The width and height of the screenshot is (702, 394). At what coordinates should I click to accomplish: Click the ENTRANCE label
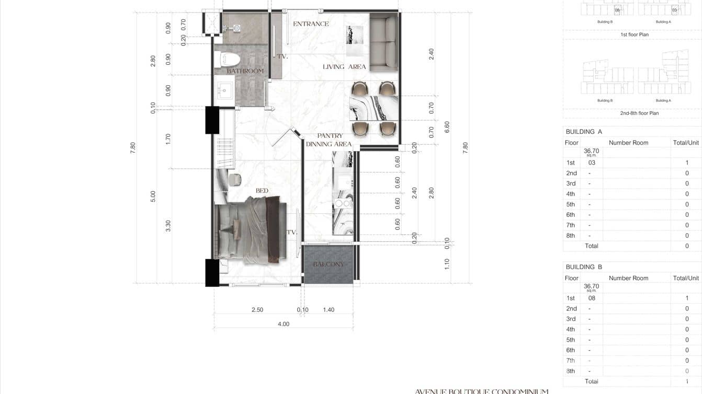[x=311, y=24]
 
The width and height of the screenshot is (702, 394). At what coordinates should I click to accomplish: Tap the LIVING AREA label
[x=344, y=67]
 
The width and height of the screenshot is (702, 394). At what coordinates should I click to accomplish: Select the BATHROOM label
[x=245, y=71]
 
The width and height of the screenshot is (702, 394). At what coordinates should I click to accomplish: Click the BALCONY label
[x=329, y=264]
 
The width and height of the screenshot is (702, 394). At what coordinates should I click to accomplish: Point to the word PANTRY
[x=330, y=136]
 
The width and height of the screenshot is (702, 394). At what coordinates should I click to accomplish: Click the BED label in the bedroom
[x=262, y=191]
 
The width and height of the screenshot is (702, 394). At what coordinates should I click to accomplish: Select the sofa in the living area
[x=384, y=43]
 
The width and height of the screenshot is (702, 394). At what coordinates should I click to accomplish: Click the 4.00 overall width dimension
[x=283, y=324]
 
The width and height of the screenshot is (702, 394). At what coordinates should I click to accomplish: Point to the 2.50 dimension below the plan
[x=257, y=310]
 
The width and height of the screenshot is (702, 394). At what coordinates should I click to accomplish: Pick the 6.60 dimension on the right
[x=447, y=127]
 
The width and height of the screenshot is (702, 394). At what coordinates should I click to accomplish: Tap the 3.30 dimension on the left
[x=168, y=226]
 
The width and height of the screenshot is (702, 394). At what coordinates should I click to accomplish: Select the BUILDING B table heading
[x=584, y=267]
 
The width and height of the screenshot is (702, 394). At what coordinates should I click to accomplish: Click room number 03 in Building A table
[x=592, y=163]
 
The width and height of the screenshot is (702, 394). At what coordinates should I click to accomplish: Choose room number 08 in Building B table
[x=592, y=298]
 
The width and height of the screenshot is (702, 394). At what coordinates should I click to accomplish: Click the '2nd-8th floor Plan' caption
[x=639, y=113]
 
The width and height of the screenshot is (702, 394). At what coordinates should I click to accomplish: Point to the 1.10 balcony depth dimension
[x=447, y=264]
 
